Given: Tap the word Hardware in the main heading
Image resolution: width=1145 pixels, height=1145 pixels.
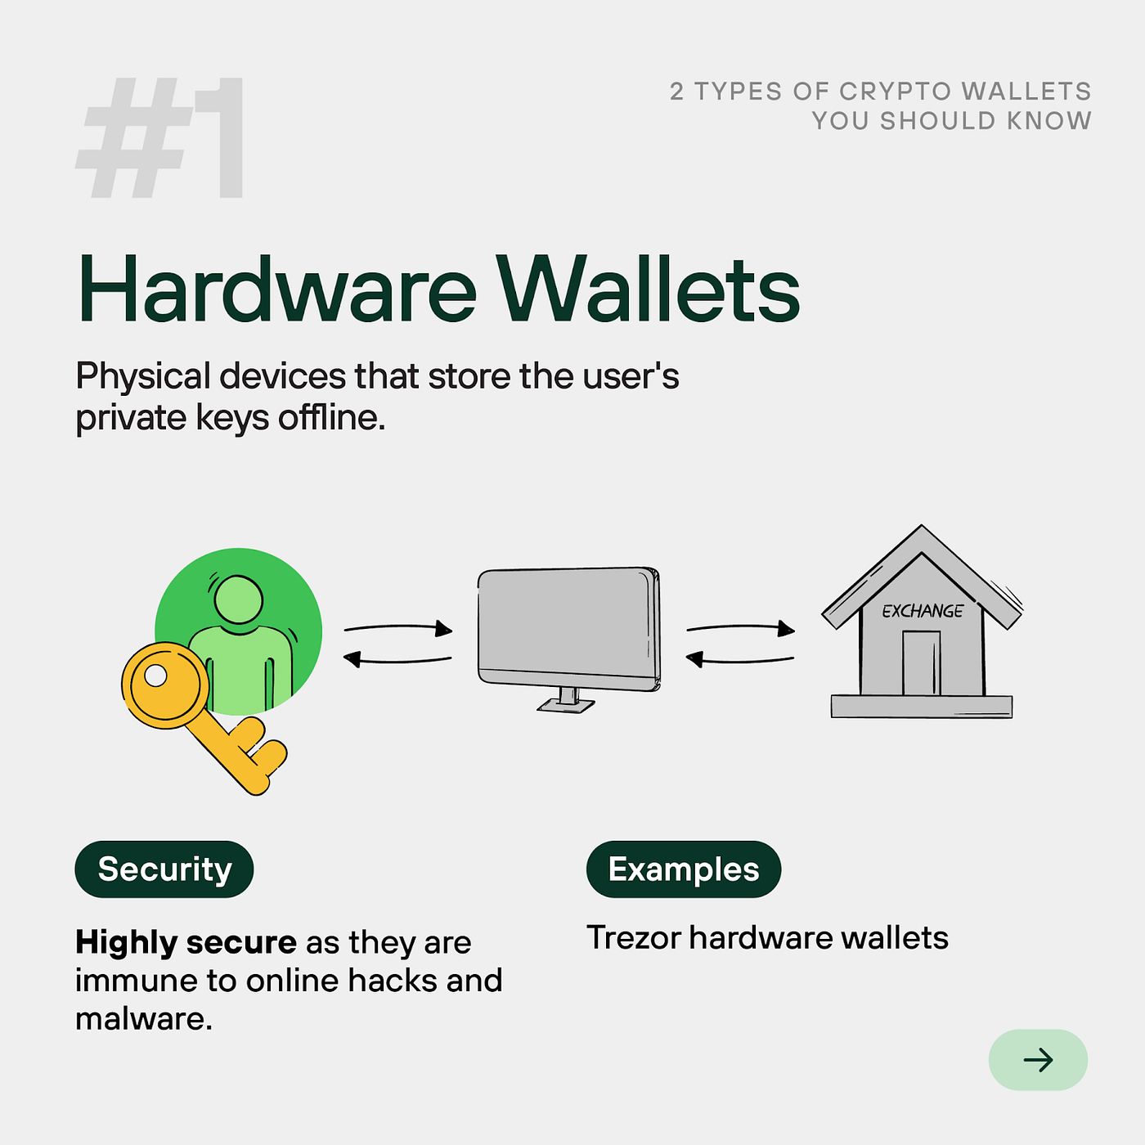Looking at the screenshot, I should (276, 290).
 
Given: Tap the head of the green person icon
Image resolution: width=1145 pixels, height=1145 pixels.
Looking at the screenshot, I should (238, 599).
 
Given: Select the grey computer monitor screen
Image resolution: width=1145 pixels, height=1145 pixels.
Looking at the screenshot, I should (568, 622).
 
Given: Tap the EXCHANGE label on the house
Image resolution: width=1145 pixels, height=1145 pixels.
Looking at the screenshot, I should (923, 611).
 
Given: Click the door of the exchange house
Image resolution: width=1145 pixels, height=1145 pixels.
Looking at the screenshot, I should (921, 663).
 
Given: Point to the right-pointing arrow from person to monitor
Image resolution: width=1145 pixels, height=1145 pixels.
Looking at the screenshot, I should (399, 628).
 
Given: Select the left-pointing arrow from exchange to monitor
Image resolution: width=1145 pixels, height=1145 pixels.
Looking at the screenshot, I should (739, 658).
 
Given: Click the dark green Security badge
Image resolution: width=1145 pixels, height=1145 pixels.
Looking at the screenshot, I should (164, 869).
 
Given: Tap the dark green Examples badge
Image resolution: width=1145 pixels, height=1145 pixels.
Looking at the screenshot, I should (684, 869).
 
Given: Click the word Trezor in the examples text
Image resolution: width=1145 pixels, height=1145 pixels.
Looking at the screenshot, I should (633, 938).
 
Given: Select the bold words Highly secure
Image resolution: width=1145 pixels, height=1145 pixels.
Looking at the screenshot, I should (186, 942).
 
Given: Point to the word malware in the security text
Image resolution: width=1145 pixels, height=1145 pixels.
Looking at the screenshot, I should (142, 1019).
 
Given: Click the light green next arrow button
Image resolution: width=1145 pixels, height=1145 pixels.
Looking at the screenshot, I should (1038, 1060).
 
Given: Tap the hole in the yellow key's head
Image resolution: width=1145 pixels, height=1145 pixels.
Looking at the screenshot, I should (155, 676).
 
